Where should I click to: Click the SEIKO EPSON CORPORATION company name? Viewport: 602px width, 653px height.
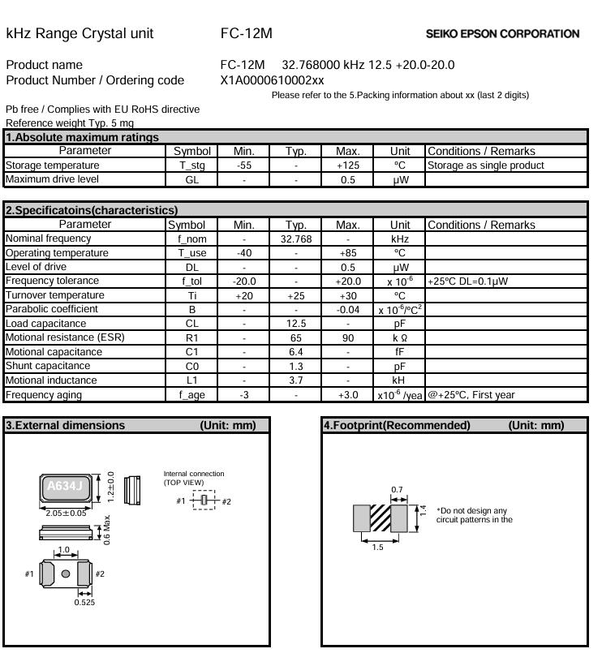coord(502,34)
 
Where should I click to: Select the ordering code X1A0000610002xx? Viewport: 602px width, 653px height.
coord(272,80)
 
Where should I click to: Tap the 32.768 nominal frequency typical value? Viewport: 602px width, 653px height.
coord(296,239)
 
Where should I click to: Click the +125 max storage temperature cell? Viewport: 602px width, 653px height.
coord(347,165)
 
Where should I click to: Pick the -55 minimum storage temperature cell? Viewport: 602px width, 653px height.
coord(244,165)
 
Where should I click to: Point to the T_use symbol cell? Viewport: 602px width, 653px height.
coord(191,253)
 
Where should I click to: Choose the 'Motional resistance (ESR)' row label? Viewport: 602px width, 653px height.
coord(65,337)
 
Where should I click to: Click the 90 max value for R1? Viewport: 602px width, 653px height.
coord(347,337)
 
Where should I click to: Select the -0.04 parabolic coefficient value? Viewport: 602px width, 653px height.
coord(347,309)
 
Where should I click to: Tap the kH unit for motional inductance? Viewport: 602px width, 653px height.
coord(400,380)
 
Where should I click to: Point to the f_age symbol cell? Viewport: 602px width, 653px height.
coord(191,395)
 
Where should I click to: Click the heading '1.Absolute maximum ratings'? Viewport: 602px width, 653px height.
coord(82,137)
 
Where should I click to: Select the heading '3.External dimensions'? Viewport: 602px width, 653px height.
coord(66,425)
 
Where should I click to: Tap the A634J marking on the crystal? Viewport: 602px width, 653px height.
coord(64,487)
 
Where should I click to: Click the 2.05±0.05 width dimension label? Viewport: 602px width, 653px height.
coord(64,513)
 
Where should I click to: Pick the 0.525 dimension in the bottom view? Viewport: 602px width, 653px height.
coord(84,602)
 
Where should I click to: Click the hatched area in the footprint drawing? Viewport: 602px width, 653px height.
coord(381,518)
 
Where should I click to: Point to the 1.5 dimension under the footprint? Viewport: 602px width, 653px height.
coord(377,548)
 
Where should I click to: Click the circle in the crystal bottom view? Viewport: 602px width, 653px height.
coord(65,574)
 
